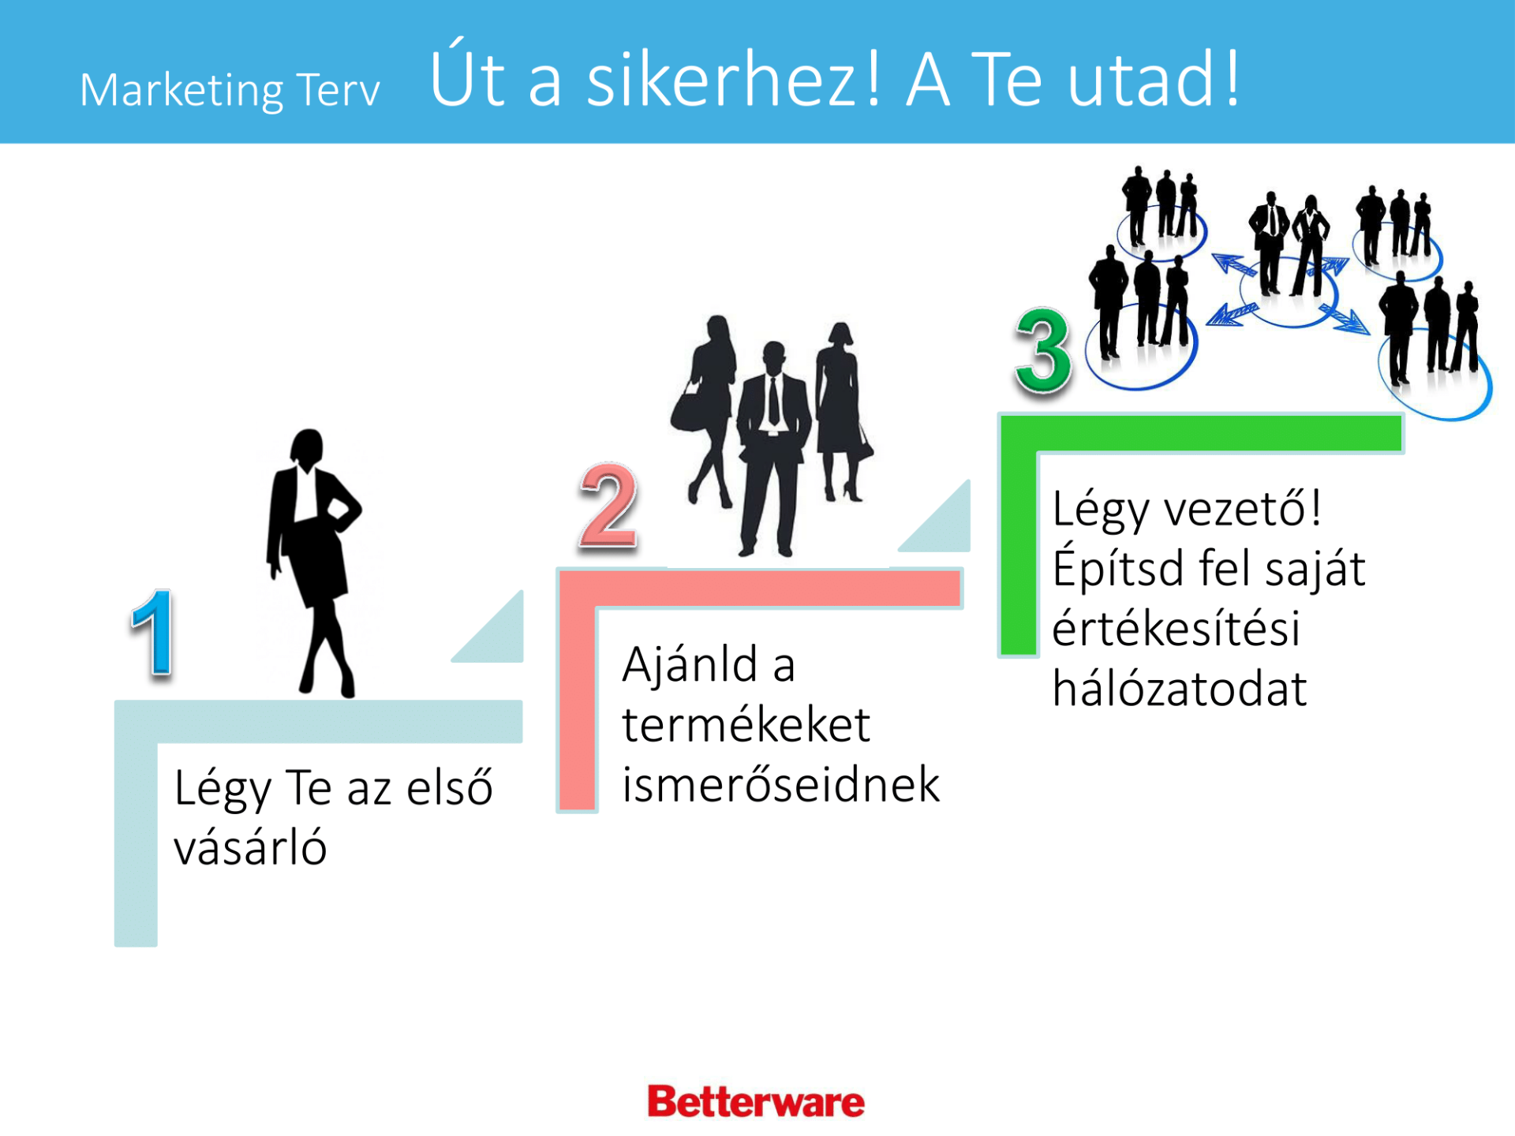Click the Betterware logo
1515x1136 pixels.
coord(756,1102)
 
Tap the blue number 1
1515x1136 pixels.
coord(154,632)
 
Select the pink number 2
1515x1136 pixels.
coord(608,506)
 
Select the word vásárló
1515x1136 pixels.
coord(250,848)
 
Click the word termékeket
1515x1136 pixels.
coord(746,725)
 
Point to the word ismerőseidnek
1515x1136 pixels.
coord(781,785)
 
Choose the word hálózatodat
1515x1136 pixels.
coord(1180,688)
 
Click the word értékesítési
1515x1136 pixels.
coord(1176,628)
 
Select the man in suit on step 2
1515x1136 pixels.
coord(772,450)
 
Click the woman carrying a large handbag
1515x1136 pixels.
coord(705,410)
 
